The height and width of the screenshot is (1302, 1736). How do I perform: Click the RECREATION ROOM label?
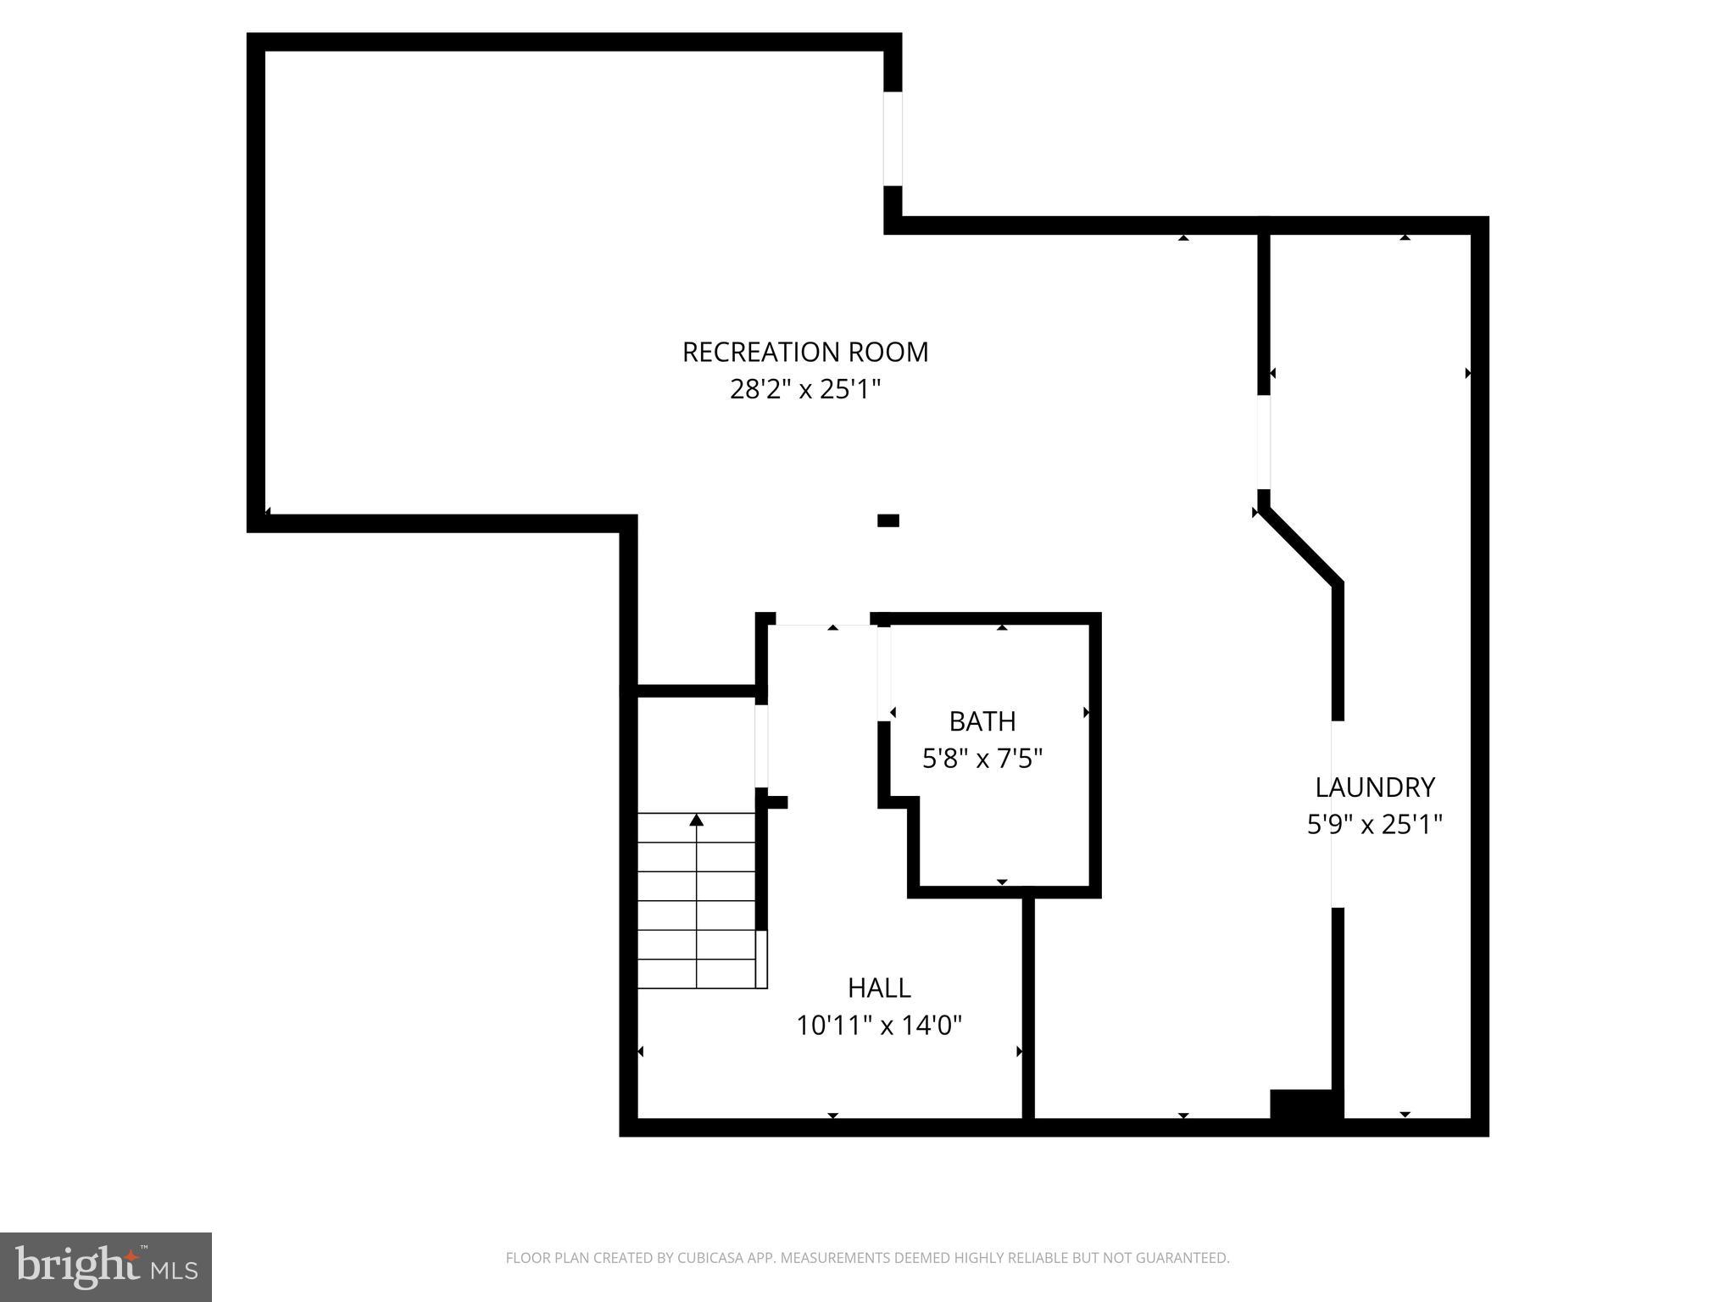click(x=805, y=352)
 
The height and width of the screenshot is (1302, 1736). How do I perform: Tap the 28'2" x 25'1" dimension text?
click(x=805, y=390)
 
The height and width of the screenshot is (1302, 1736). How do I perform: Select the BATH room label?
click(x=982, y=721)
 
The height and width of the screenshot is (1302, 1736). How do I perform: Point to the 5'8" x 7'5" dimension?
click(x=982, y=759)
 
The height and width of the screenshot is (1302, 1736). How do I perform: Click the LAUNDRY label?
click(x=1374, y=787)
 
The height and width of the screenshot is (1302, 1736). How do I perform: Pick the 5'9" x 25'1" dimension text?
click(x=1374, y=825)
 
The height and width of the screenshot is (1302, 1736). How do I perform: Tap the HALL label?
click(x=879, y=988)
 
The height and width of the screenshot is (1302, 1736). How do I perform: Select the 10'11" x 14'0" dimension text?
click(x=879, y=1027)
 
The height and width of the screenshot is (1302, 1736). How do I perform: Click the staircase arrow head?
click(x=696, y=820)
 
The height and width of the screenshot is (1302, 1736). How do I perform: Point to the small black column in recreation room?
click(x=887, y=520)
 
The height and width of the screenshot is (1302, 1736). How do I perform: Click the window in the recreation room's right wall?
click(x=893, y=138)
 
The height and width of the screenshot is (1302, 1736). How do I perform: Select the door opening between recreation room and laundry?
click(x=1263, y=442)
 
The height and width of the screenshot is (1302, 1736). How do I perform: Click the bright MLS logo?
click(x=106, y=1266)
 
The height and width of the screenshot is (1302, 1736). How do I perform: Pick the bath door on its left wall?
click(x=884, y=674)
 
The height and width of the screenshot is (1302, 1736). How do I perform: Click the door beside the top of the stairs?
click(x=761, y=746)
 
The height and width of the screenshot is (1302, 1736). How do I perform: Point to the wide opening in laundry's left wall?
click(x=1337, y=814)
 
